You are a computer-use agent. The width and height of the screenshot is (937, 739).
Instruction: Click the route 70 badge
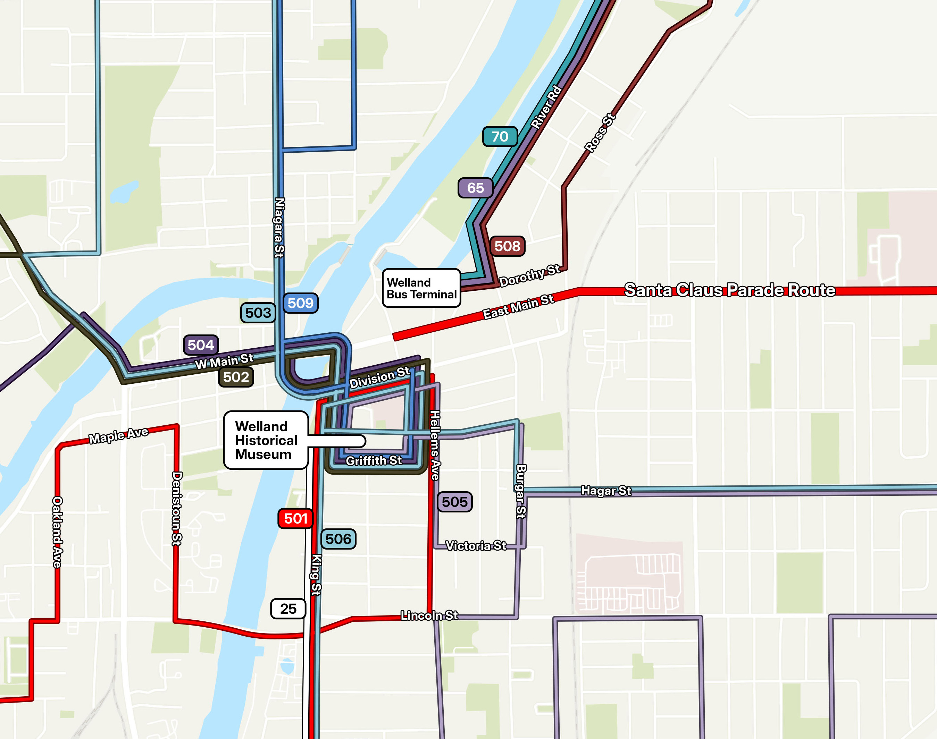[x=500, y=137]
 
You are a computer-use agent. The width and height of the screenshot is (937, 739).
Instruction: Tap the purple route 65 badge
[x=475, y=188]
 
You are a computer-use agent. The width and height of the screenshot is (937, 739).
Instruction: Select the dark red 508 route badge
[x=507, y=246]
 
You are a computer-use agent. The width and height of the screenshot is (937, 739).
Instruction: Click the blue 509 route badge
[x=301, y=303]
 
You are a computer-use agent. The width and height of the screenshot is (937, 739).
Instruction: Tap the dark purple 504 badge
[x=200, y=345]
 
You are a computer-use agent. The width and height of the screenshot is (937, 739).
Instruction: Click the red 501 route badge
[x=295, y=518]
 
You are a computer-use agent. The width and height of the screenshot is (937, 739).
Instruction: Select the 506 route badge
[x=338, y=539]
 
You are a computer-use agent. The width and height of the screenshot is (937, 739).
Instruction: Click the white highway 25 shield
[x=288, y=609]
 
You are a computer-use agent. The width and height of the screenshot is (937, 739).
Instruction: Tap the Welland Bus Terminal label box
[x=421, y=288]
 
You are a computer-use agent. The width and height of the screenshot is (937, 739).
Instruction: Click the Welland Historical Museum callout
[x=266, y=440]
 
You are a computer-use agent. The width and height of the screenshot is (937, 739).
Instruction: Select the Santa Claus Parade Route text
[x=730, y=290]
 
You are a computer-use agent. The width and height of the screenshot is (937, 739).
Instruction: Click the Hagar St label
[x=606, y=491]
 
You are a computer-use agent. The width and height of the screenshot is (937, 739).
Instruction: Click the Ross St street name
[x=600, y=133]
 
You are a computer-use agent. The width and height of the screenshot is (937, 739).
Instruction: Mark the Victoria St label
[x=475, y=546]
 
